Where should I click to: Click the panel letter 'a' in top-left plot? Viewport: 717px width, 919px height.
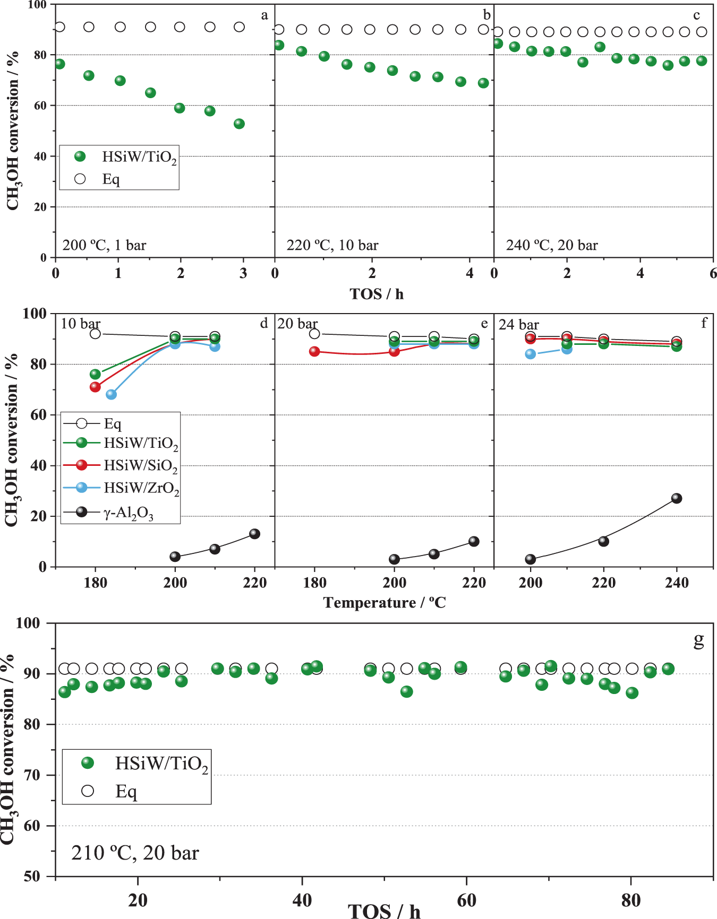[x=264, y=15]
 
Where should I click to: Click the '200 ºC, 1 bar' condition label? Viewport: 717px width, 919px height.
[x=104, y=245]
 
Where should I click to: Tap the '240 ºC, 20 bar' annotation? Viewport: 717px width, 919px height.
[x=552, y=245]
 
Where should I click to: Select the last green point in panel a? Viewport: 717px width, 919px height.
[x=239, y=124]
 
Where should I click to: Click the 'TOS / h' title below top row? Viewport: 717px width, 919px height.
[x=377, y=294]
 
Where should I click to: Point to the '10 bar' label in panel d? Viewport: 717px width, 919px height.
[x=80, y=324]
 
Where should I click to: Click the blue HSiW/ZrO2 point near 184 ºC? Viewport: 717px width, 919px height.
[x=111, y=394]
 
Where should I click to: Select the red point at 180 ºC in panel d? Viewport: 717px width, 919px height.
[x=95, y=387]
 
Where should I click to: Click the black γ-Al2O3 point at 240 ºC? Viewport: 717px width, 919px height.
[x=676, y=498]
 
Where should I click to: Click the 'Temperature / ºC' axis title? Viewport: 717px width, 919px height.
[x=385, y=603]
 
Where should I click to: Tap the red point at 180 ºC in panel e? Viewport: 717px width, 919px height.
[x=314, y=351]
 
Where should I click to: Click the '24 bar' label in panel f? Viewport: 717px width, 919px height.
[x=518, y=325]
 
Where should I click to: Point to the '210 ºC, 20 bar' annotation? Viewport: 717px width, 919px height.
[x=135, y=853]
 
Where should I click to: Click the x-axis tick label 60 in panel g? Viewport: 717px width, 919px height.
[x=466, y=900]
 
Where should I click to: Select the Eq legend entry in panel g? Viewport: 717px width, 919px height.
[x=126, y=791]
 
